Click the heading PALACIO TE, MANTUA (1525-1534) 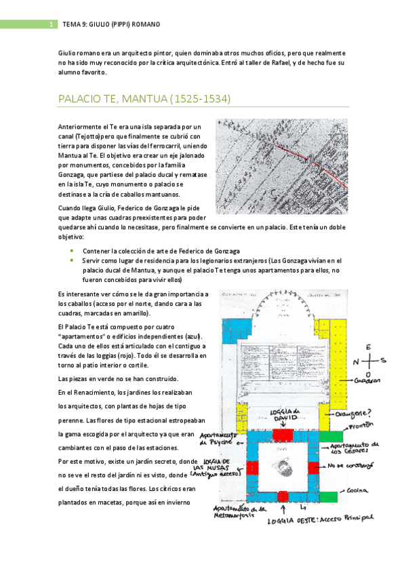pyautogui.click(x=145, y=99)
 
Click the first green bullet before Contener pyautogui.click(x=73, y=250)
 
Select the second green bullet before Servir pyautogui.click(x=73, y=260)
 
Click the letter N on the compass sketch pyautogui.click(x=356, y=361)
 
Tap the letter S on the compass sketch pyautogui.click(x=382, y=360)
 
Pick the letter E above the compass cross pyautogui.click(x=369, y=347)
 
